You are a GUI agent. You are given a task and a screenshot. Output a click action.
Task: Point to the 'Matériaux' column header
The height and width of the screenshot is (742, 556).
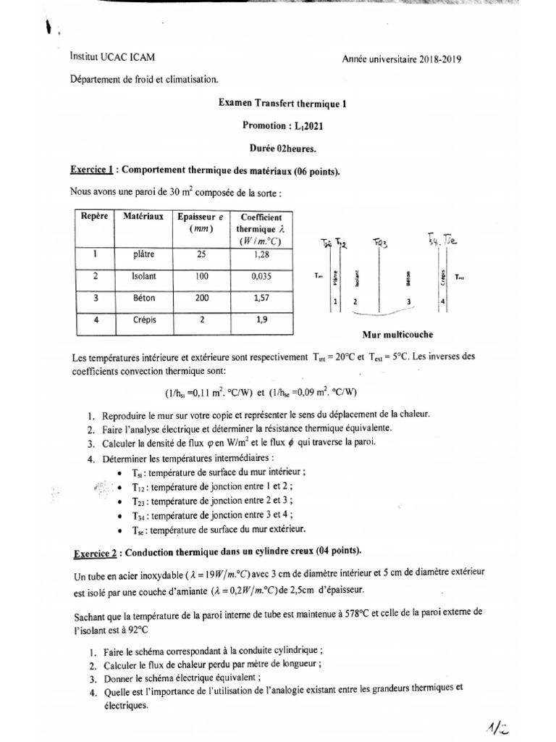(x=143, y=216)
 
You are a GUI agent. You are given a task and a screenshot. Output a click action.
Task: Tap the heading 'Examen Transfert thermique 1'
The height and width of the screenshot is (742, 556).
(x=283, y=104)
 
